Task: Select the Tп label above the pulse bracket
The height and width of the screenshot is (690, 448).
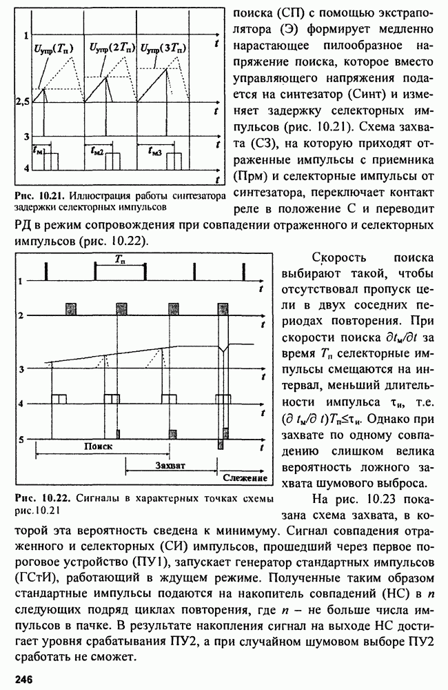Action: [120, 259]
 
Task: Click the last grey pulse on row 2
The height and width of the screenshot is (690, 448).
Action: [222, 308]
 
